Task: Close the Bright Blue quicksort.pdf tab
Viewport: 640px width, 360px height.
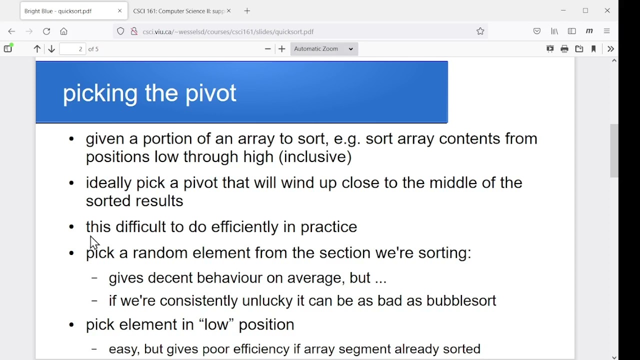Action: click(119, 11)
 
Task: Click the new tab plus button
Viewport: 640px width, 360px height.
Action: click(247, 11)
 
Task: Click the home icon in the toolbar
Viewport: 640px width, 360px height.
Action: click(63, 31)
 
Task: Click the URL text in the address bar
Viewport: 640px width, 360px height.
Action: click(228, 31)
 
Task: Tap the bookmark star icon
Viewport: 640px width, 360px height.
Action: click(480, 31)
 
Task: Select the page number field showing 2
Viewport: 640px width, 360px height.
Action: click(72, 49)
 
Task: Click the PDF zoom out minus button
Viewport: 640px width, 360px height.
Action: click(267, 49)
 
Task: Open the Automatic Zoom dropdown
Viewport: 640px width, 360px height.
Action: click(324, 49)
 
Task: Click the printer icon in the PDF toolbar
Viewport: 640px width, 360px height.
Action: click(564, 49)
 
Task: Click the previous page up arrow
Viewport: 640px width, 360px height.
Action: click(37, 49)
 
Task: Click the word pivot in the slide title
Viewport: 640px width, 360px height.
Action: click(210, 93)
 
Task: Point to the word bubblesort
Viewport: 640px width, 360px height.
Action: click(461, 300)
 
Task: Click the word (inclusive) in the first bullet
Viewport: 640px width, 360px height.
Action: click(315, 157)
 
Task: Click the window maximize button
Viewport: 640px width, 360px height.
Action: click(585, 11)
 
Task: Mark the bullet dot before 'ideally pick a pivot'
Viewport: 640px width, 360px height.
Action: click(71, 183)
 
